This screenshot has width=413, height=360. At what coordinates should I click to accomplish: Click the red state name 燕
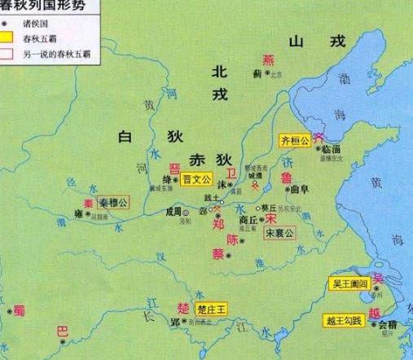click(267, 60)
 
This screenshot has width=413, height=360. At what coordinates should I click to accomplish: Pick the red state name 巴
click(61, 331)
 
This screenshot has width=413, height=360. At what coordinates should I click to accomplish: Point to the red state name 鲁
click(285, 177)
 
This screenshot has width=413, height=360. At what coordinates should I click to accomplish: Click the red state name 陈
click(233, 241)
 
